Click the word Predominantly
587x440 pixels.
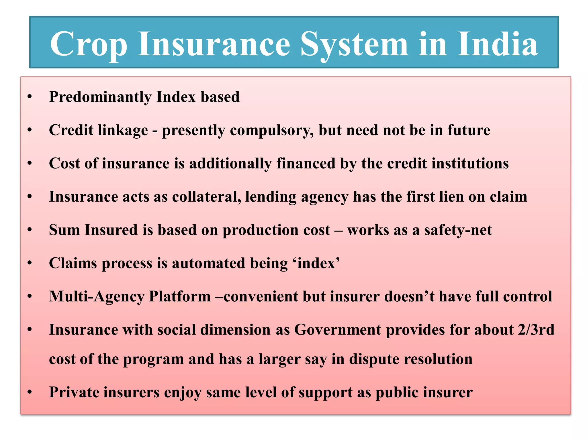[x=100, y=97]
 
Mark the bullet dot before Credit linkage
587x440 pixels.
[x=30, y=131]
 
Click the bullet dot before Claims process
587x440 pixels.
[x=30, y=264]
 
